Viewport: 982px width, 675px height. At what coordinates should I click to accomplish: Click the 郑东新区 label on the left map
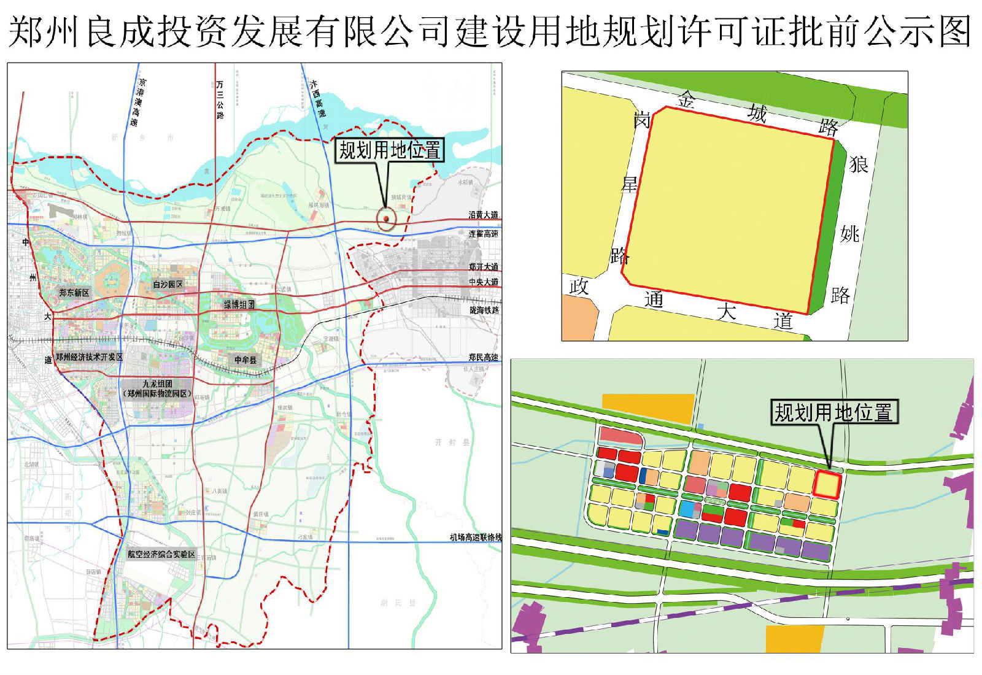[74, 293]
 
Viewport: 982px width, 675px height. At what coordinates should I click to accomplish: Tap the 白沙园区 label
[168, 284]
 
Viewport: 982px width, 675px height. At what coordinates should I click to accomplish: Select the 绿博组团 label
[239, 304]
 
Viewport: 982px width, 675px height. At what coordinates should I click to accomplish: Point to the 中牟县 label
[245, 360]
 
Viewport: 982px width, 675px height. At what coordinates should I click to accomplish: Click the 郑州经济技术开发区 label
[89, 357]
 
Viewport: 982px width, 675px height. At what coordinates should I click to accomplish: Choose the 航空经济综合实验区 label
[161, 554]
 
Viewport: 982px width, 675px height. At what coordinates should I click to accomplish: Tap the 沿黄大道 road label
[483, 215]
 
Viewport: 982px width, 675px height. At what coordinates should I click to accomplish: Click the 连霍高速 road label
[483, 234]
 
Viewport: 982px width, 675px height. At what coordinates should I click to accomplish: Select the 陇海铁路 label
[484, 310]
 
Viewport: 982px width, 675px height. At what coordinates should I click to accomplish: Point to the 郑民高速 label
[483, 357]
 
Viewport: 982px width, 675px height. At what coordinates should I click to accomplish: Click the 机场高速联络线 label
[475, 538]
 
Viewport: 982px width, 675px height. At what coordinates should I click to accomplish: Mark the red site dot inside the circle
[386, 218]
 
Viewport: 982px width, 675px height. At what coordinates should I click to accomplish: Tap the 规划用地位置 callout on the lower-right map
[833, 412]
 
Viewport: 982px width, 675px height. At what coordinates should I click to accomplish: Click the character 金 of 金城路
[686, 99]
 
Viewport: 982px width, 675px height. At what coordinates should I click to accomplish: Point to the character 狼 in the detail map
[859, 164]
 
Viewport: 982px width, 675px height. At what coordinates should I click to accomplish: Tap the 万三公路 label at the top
[220, 98]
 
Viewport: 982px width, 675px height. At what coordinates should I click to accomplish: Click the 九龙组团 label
[158, 384]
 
